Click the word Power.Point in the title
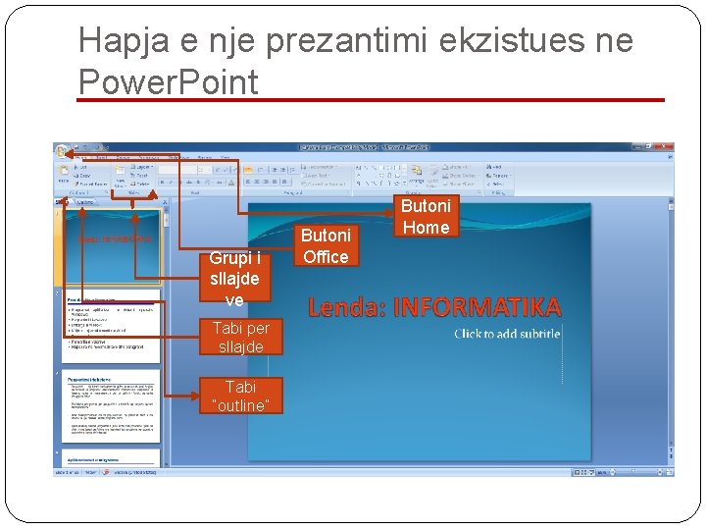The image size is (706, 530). pyautogui.click(x=168, y=81)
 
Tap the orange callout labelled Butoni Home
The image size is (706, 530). pyautogui.click(x=426, y=216)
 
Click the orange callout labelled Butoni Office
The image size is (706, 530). pyautogui.click(x=326, y=245)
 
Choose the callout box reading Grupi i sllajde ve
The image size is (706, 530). pyautogui.click(x=234, y=278)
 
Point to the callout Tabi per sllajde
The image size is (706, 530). pyautogui.click(x=239, y=337)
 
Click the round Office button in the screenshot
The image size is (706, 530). pyautogui.click(x=63, y=152)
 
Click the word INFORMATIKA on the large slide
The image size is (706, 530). pyautogui.click(x=478, y=308)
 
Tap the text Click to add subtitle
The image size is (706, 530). pyautogui.click(x=506, y=334)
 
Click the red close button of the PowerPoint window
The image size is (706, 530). pyautogui.click(x=668, y=147)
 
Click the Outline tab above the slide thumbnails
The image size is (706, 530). pyautogui.click(x=85, y=201)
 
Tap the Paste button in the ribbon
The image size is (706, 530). pyautogui.click(x=64, y=176)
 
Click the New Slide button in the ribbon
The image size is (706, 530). pyautogui.click(x=119, y=176)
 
